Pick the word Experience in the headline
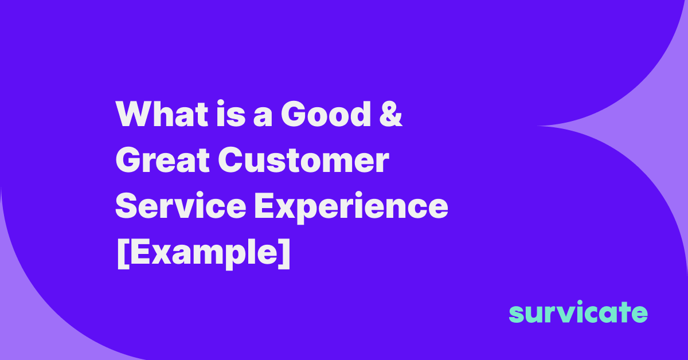pos(351,208)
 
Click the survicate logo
pos(578,313)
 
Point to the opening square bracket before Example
pos(121,253)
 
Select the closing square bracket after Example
pos(285,253)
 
